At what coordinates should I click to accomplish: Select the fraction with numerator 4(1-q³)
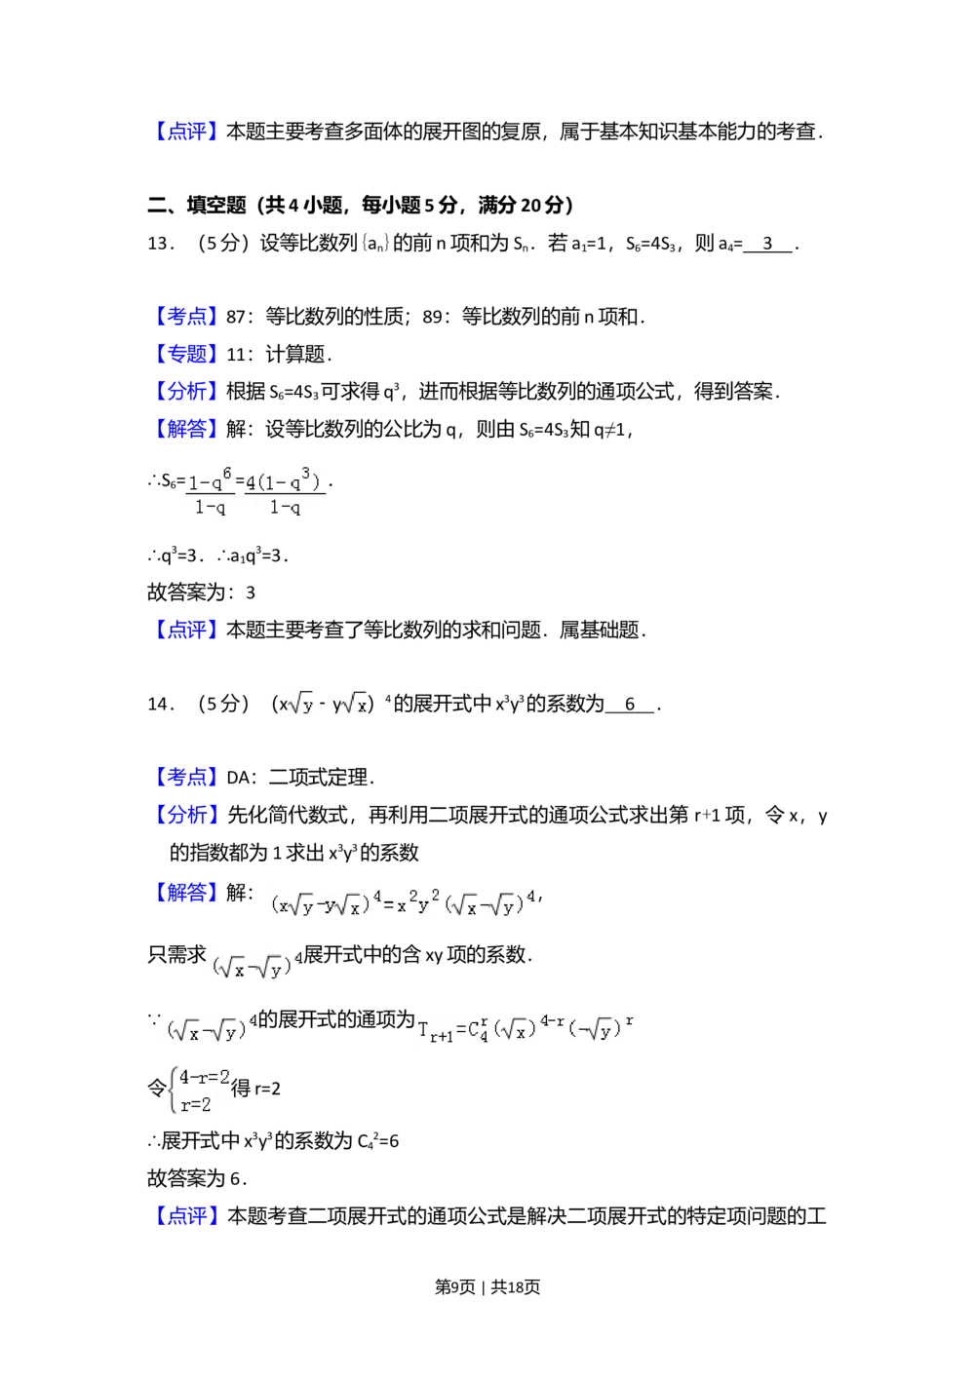tap(284, 492)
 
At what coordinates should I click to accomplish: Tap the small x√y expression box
tap(300, 702)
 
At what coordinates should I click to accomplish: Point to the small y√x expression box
tap(351, 702)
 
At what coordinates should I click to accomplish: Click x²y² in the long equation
tap(417, 902)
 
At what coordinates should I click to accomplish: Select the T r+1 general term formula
tap(526, 1029)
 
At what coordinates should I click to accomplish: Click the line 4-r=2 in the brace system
tap(205, 1077)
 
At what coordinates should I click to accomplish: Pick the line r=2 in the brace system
tap(195, 1104)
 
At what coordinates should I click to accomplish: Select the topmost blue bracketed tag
tap(186, 133)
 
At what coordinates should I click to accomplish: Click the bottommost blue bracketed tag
tap(186, 1215)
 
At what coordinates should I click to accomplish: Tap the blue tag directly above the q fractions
tap(186, 428)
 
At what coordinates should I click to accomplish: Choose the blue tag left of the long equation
tap(186, 893)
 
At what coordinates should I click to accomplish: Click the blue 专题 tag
tap(186, 354)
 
